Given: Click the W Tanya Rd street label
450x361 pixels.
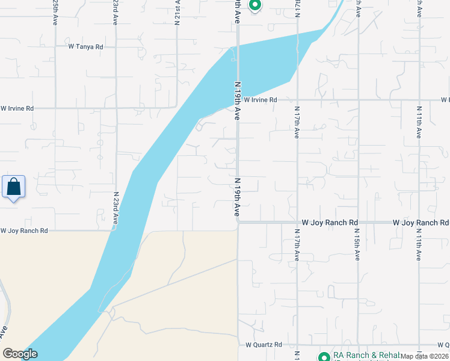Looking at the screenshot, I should tap(86, 46).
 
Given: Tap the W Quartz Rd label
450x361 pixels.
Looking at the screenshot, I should tap(264, 345).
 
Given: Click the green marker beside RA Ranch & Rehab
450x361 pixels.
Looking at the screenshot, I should tap(323, 356).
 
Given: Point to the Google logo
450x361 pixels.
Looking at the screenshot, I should tap(20, 354).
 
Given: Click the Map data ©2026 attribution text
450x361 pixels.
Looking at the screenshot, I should tap(425, 356).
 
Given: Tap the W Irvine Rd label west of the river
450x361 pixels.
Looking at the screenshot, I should tap(17, 108).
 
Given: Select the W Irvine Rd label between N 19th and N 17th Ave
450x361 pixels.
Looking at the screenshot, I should tap(260, 100).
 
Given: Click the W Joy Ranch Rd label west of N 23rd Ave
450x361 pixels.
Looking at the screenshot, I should tap(23, 230).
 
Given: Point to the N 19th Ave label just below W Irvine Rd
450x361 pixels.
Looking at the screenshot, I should tap(238, 106).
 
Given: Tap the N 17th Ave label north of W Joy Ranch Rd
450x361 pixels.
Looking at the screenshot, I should tap(297, 122).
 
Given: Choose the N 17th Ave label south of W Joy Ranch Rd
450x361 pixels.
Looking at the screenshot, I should tap(297, 244).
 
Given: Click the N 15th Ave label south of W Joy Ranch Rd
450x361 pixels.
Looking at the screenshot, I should tap(357, 244).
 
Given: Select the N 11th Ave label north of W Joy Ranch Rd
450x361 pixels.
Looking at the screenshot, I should tap(419, 122).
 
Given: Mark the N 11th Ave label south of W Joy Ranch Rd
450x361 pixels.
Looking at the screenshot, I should tap(419, 244).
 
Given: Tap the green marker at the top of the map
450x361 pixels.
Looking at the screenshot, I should tap(254, 5).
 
